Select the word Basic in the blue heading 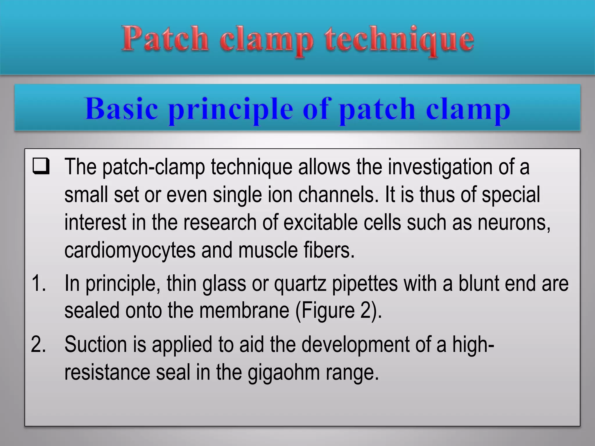[122, 109]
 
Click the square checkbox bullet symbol [41, 166]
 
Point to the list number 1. [38, 283]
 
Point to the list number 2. [38, 344]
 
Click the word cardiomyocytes [130, 251]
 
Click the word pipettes [365, 284]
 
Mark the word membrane [244, 311]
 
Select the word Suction [96, 344]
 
